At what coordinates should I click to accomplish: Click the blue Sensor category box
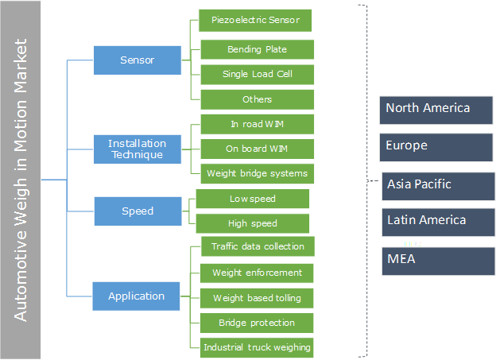[x=138, y=60]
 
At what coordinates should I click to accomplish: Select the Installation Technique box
[x=138, y=149]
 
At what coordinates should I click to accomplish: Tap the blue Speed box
[x=138, y=211]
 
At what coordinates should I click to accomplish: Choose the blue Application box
[x=138, y=296]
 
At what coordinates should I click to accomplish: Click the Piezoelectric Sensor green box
[x=255, y=20]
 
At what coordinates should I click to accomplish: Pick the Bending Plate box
[x=257, y=49]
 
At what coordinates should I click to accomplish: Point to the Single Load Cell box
[x=257, y=75]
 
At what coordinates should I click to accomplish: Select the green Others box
[x=257, y=99]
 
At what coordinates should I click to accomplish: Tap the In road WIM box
[x=257, y=124]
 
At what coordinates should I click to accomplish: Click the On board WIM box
[x=257, y=148]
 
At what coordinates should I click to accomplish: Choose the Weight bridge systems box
[x=257, y=172]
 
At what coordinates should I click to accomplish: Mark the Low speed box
[x=253, y=198]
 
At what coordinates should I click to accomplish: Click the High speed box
[x=253, y=223]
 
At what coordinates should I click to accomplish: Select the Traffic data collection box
[x=257, y=246]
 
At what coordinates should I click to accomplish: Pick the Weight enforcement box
[x=257, y=273]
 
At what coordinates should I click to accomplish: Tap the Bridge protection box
[x=257, y=323]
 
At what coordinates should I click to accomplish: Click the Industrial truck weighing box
[x=257, y=347]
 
